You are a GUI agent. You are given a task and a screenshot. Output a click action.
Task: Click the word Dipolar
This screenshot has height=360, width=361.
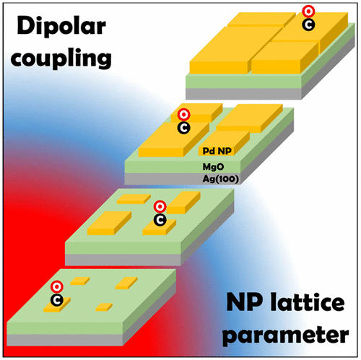[x=61, y=26]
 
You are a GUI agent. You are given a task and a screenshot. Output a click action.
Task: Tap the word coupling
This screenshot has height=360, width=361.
[x=61, y=58]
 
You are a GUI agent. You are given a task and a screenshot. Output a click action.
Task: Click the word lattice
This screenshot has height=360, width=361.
[x=308, y=302]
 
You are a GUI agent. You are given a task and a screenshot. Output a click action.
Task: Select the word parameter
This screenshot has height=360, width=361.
[x=286, y=335]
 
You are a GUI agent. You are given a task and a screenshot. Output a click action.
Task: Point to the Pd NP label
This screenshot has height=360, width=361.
[x=217, y=151]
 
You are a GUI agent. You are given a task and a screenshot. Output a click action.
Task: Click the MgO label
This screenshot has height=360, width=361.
[x=213, y=167]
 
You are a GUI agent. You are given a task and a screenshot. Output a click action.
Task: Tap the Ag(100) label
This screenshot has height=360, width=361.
[x=221, y=179]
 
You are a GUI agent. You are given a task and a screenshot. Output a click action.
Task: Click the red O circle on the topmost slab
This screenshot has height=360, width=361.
[x=308, y=12]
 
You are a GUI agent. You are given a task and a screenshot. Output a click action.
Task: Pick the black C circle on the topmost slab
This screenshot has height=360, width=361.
[x=308, y=25]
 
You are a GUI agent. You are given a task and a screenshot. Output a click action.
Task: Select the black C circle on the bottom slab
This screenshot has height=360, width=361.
[x=57, y=300]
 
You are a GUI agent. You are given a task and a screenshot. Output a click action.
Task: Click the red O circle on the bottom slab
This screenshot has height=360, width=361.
[x=57, y=286]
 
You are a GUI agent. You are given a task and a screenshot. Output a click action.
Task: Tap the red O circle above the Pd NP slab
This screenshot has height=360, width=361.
[x=184, y=115]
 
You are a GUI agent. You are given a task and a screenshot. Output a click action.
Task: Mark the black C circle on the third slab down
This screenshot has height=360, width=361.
[x=160, y=220]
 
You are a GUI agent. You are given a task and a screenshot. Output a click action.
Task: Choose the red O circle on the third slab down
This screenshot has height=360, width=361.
[x=160, y=206]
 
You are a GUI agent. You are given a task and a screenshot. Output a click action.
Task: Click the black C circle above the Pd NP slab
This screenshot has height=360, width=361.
[x=184, y=128]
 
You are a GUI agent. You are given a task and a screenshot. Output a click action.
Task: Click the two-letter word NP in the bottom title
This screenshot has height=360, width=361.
[x=244, y=302]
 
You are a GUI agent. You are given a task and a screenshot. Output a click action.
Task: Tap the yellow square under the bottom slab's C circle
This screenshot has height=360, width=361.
[x=57, y=305]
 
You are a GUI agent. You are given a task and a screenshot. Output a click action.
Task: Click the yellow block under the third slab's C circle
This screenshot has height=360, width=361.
[x=159, y=227]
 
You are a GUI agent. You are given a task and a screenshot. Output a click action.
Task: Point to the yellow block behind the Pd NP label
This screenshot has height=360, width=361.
[x=224, y=144]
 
